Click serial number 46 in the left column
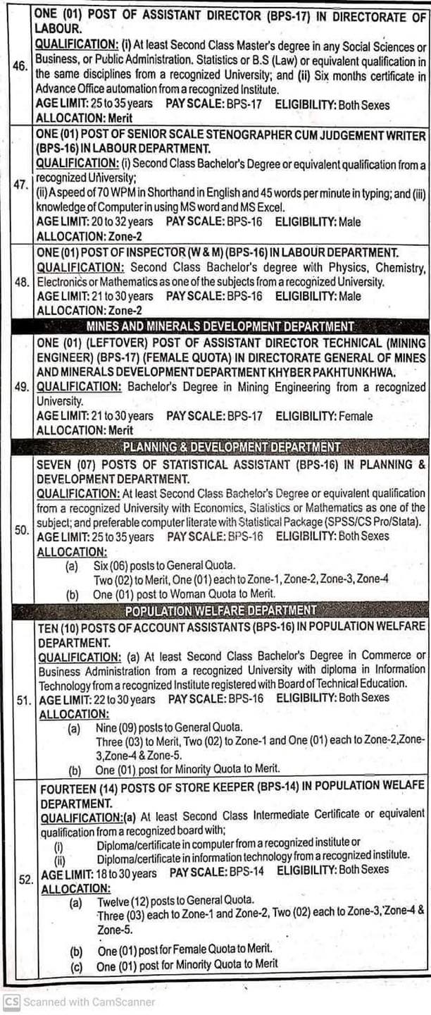tap(20, 66)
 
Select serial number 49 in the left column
tap(20, 386)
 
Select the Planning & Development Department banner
tap(231, 447)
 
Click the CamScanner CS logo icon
tap(11, 1002)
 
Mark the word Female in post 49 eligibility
tap(355, 416)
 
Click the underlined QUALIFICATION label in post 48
tap(78, 267)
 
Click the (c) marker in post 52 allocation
tap(76, 964)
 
